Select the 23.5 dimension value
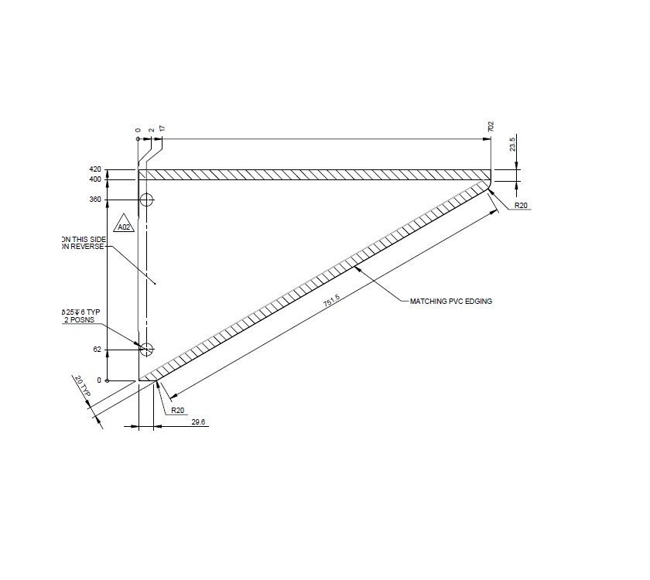click(512, 145)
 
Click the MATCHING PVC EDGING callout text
click(450, 301)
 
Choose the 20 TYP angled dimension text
click(83, 387)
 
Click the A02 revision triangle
click(123, 227)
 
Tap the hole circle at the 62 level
click(147, 350)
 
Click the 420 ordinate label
click(96, 169)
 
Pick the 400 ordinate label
click(96, 179)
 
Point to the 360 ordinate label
click(96, 200)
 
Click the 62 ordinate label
click(97, 350)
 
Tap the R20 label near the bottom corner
click(177, 410)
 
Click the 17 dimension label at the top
click(162, 128)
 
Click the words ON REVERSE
click(82, 247)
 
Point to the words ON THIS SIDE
click(82, 239)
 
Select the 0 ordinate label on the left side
click(99, 380)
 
